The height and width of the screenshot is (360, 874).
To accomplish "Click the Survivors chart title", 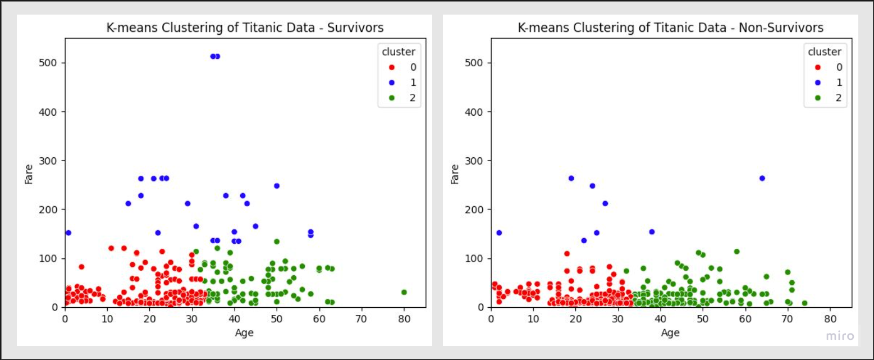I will pos(245,28).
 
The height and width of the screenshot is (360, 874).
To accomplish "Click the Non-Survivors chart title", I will pos(671,28).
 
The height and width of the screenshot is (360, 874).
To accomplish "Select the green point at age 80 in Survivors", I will pos(404,292).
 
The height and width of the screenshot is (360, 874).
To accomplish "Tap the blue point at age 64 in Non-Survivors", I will pos(762,178).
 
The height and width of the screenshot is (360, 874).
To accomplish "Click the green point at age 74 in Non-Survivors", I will pos(804,303).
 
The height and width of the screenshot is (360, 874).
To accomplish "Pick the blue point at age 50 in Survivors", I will pos(277,186).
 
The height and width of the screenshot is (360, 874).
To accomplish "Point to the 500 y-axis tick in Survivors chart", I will pos(54,63).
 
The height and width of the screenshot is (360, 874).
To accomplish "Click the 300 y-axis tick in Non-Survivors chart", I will pos(480,161).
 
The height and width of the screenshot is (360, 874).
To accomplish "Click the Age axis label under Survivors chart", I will pos(245,332).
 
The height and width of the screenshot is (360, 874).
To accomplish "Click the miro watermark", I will pos(840,336).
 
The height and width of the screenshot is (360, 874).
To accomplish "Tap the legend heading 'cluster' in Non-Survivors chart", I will pos(824,52).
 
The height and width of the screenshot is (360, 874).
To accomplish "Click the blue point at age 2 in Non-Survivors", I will pos(499,233).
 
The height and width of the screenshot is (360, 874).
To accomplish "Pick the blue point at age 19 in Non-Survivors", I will pos(571,178).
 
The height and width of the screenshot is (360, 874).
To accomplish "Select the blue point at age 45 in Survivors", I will pos(255,226).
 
